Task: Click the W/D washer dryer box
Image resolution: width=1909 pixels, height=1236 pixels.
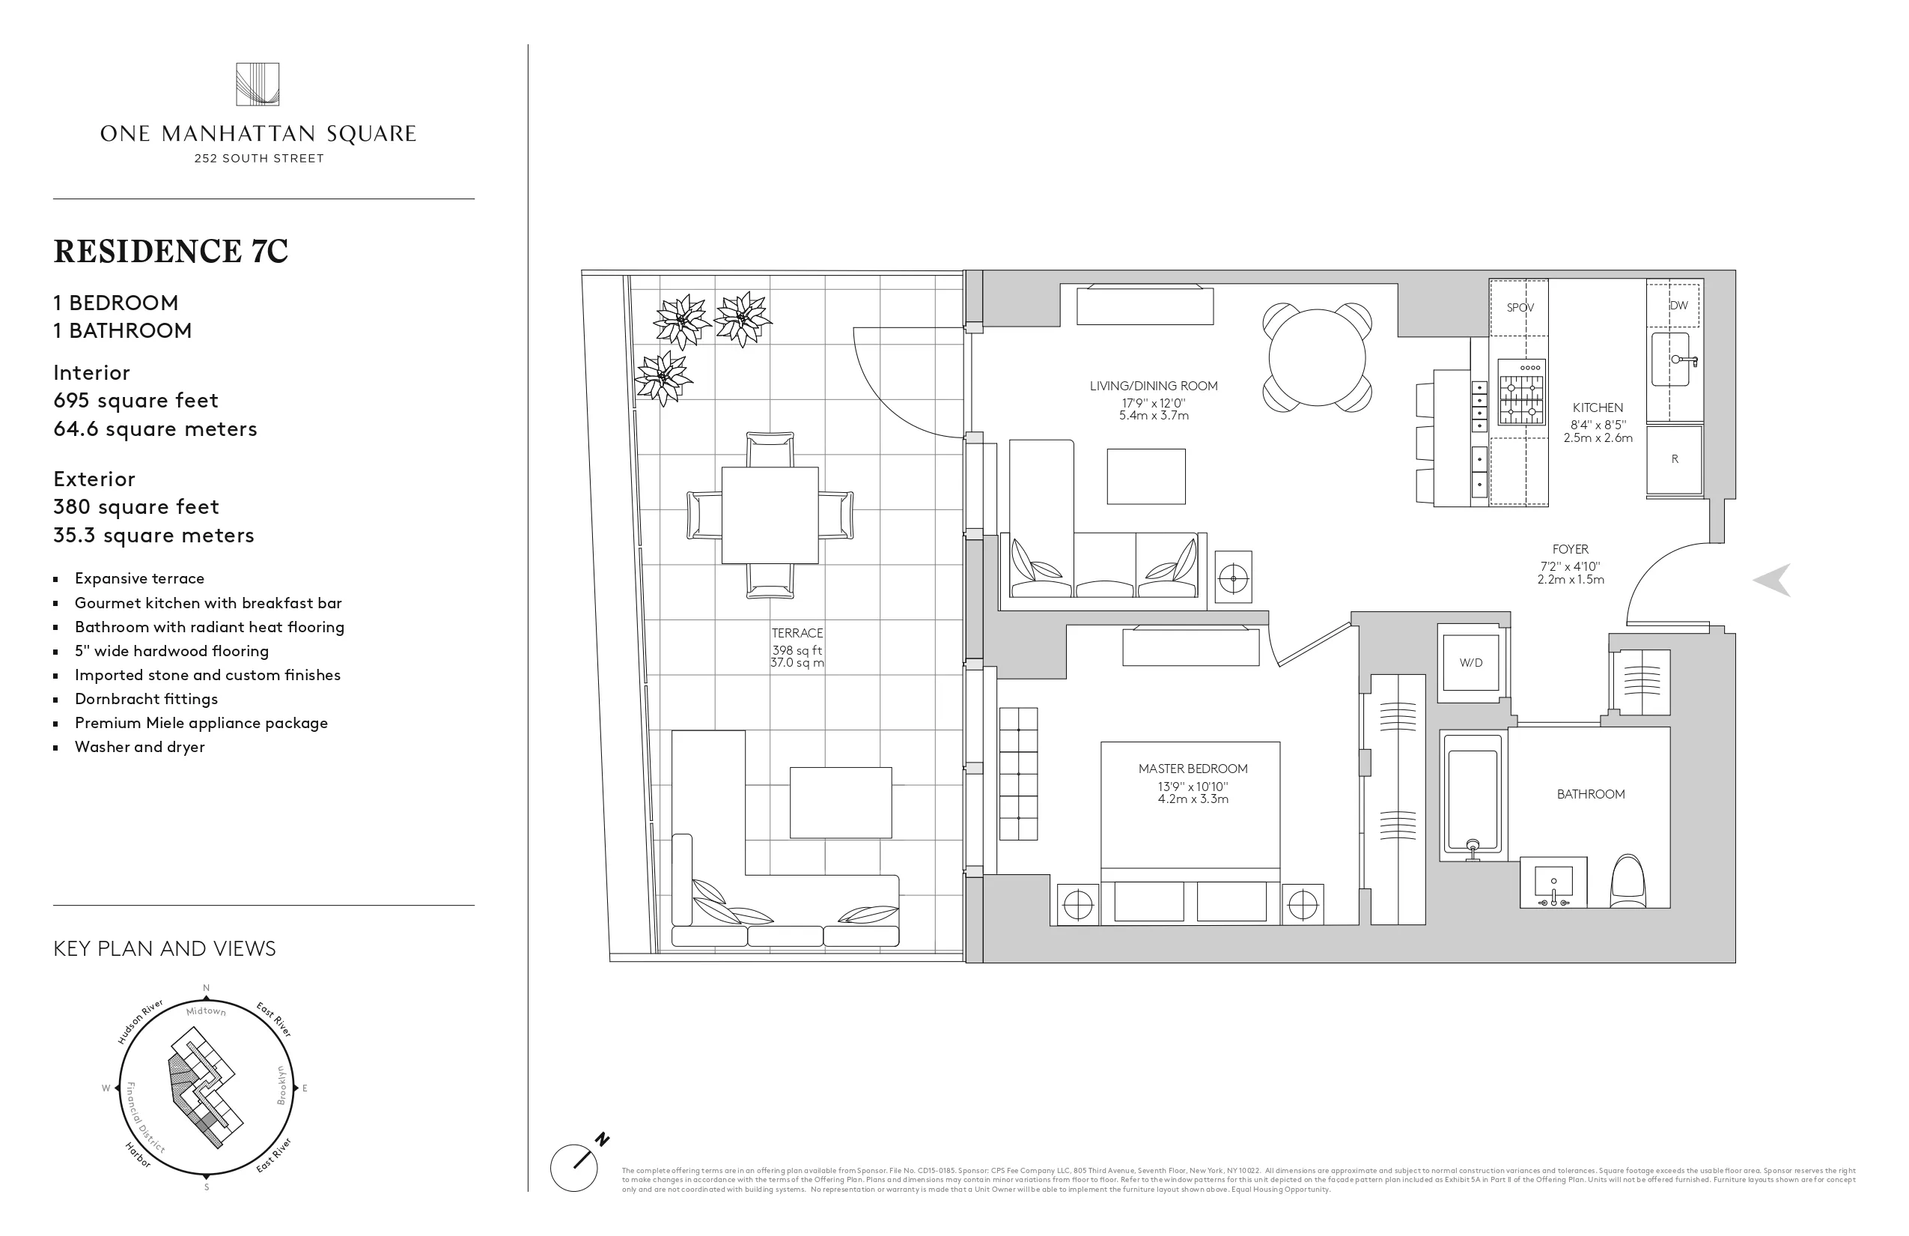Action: [x=1470, y=662]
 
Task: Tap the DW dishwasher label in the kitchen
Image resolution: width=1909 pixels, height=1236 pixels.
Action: [x=1678, y=305]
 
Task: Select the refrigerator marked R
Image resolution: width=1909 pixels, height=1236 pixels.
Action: [x=1674, y=459]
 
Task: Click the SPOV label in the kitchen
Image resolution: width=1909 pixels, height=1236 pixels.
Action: [x=1519, y=307]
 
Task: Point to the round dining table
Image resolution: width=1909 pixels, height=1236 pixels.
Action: [x=1316, y=357]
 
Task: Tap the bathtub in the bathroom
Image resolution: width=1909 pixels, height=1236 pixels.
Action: [x=1472, y=796]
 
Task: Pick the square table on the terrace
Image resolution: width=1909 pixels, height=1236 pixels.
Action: [x=770, y=515]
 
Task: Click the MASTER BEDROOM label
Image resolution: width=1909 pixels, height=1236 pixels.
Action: [x=1193, y=769]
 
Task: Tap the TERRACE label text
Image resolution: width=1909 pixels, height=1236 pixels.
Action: [x=797, y=633]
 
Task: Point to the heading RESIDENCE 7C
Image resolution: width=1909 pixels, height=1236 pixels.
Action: [x=171, y=251]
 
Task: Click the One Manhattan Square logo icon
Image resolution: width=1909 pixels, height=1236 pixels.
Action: [x=258, y=84]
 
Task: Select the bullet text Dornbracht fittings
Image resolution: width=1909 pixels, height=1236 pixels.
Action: [x=146, y=699]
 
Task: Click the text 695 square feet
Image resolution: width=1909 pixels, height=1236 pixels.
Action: [x=136, y=401]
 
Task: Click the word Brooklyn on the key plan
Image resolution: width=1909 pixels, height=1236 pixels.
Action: [x=281, y=1085]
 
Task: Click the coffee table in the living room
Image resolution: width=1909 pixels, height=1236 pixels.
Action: [x=1145, y=476]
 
